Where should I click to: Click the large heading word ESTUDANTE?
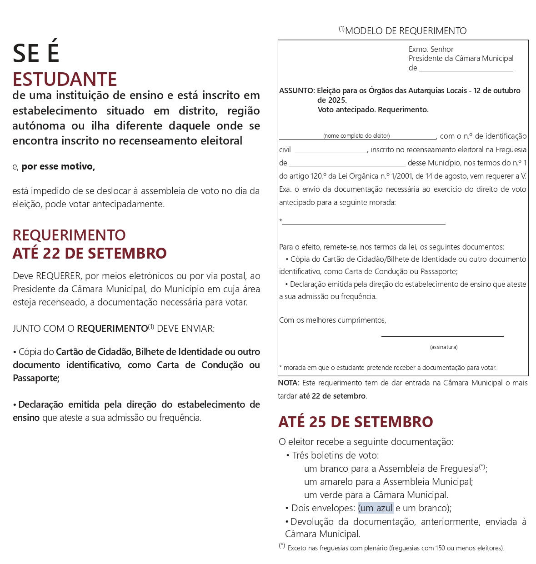coord(65,80)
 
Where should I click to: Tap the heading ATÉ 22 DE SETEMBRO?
coord(90,253)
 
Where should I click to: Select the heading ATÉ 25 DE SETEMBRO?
coord(356,422)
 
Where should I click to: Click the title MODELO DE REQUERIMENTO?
coord(405,31)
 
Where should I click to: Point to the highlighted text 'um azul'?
coord(376,508)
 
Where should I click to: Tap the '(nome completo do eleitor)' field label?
coord(356,136)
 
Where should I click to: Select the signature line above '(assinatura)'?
coord(442,335)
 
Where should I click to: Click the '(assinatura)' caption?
coord(444,347)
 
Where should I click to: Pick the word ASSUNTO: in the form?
coord(297,91)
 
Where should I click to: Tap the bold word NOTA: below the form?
coord(289,383)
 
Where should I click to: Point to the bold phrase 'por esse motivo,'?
coord(58,166)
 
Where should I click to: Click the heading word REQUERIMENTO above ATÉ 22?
coord(69,235)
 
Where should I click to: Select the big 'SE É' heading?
coord(36,53)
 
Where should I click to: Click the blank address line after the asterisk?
coord(364,223)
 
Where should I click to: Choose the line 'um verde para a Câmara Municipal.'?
coord(376,495)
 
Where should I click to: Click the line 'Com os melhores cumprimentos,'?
coord(332,320)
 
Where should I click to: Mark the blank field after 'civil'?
coord(331,151)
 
